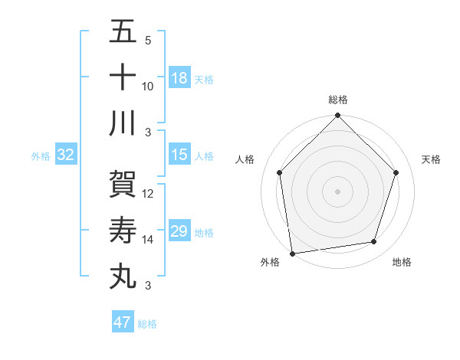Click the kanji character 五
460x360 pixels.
point(123,33)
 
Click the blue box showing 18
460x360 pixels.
point(179,77)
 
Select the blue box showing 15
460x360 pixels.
point(179,155)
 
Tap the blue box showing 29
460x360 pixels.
point(179,231)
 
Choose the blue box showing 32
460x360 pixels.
point(66,155)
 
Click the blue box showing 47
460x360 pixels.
point(123,322)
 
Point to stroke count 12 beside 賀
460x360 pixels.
point(148,194)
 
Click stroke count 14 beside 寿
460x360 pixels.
point(148,240)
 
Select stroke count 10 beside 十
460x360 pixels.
point(148,86)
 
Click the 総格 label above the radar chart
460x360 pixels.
point(338,100)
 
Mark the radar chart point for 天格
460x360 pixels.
point(396,172)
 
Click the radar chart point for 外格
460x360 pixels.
point(292,253)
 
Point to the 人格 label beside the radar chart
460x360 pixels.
point(245,159)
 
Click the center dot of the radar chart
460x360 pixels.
point(338,191)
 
